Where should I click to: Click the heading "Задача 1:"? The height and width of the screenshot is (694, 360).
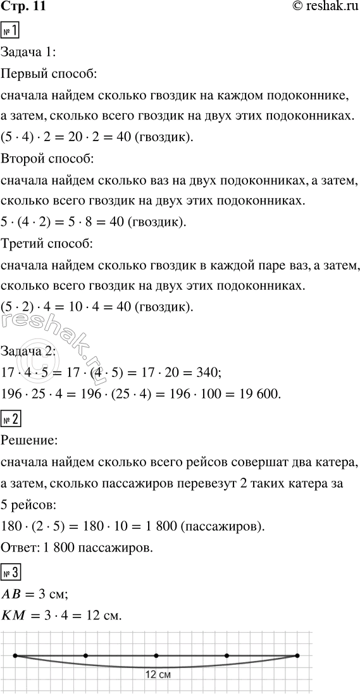[x=30, y=53]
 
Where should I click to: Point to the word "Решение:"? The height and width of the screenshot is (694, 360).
[x=30, y=439]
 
